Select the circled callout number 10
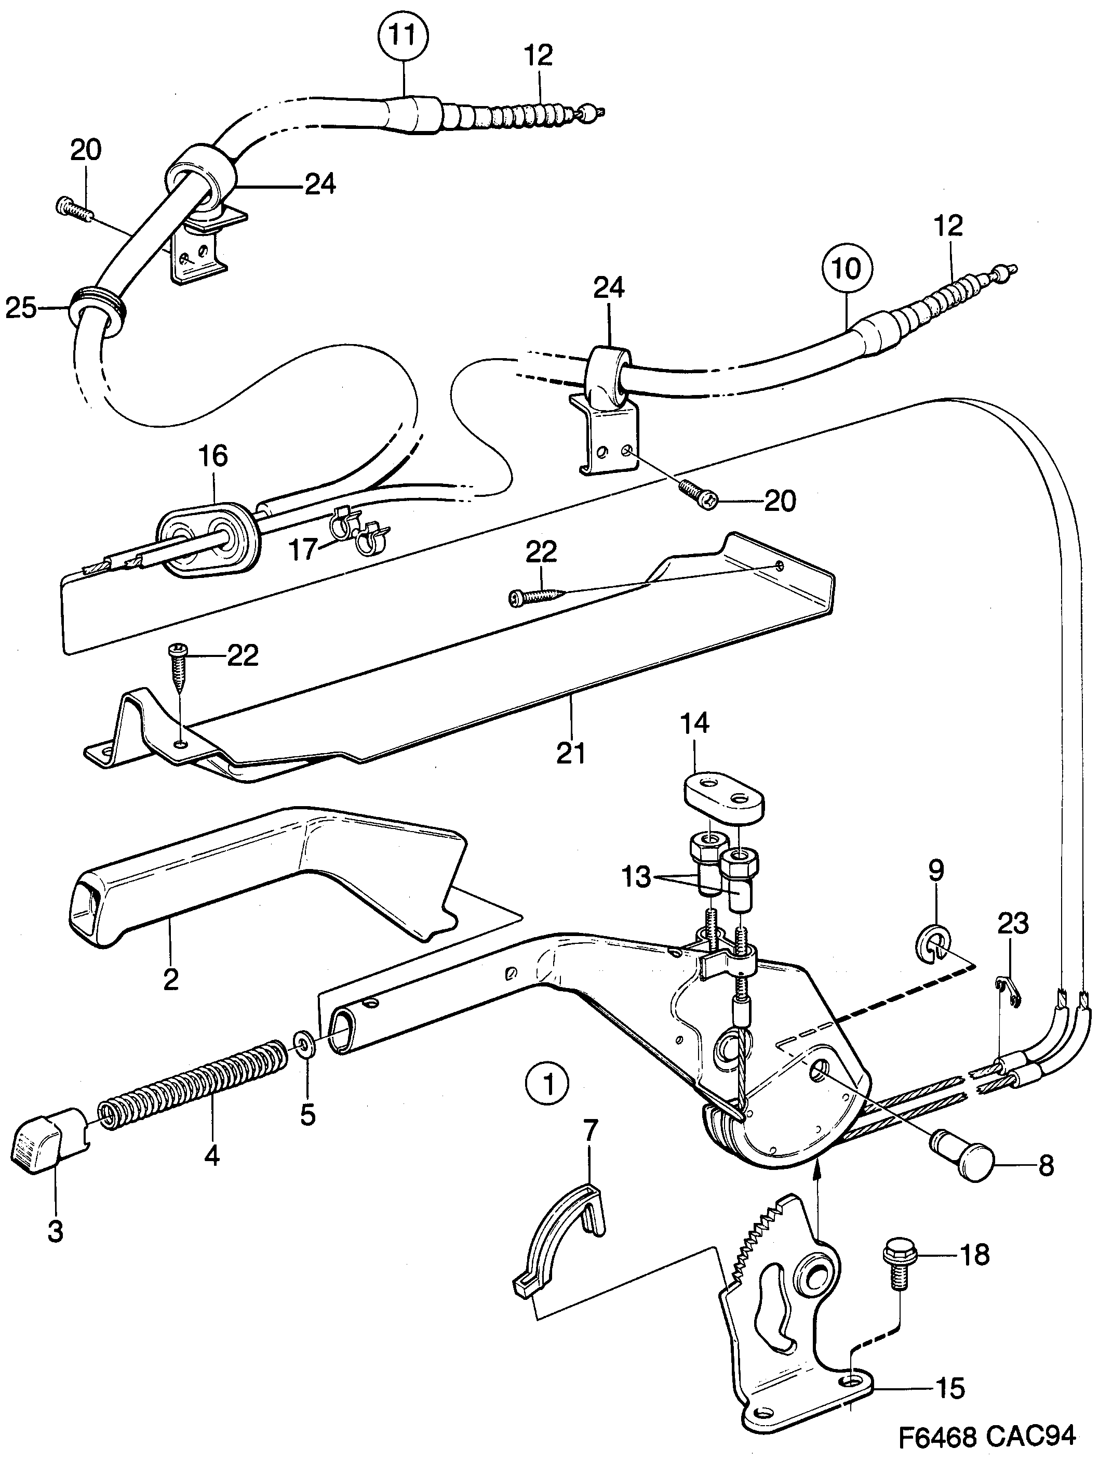pos(847,268)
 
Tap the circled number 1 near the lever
pos(548,1084)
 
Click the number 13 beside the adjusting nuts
pos(636,878)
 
